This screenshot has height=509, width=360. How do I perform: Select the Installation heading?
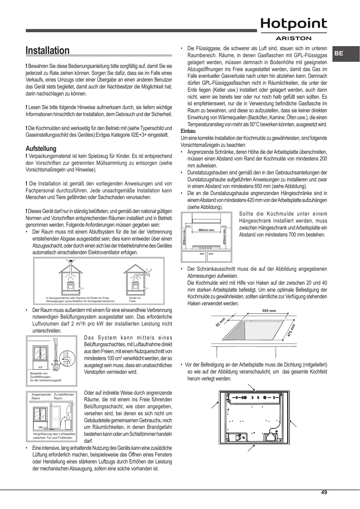pyautogui.click(x=48, y=50)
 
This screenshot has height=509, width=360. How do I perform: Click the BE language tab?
pyautogui.click(x=339, y=53)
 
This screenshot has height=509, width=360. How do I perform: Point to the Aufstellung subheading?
pyautogui.click(x=41, y=149)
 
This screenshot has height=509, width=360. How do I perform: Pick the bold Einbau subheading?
pyautogui.click(x=188, y=131)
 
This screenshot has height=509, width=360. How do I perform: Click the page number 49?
pyautogui.click(x=324, y=492)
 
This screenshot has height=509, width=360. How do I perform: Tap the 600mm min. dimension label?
pyautogui.click(x=206, y=230)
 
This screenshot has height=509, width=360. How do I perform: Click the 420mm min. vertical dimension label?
pyautogui.click(x=224, y=237)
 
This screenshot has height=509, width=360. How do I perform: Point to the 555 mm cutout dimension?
pyautogui.click(x=269, y=311)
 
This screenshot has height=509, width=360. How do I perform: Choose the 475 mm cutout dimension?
pyautogui.click(x=292, y=330)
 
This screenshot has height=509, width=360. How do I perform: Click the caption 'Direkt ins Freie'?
pyautogui.click(x=135, y=299)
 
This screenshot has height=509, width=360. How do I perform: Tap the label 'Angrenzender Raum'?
pyautogui.click(x=41, y=396)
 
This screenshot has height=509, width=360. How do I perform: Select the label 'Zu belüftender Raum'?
pyautogui.click(x=64, y=396)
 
